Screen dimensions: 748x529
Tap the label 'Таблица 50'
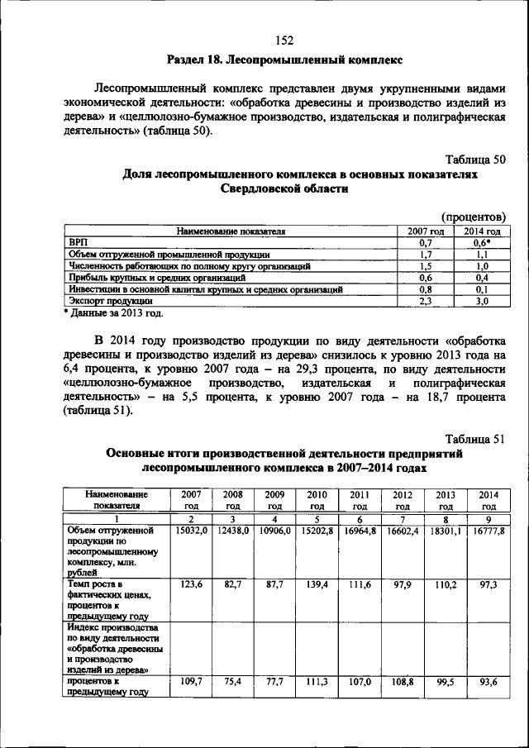click(474, 158)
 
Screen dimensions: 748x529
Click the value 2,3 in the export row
click(427, 302)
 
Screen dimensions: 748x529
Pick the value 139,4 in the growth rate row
click(318, 584)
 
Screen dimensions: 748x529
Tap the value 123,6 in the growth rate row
click(191, 584)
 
